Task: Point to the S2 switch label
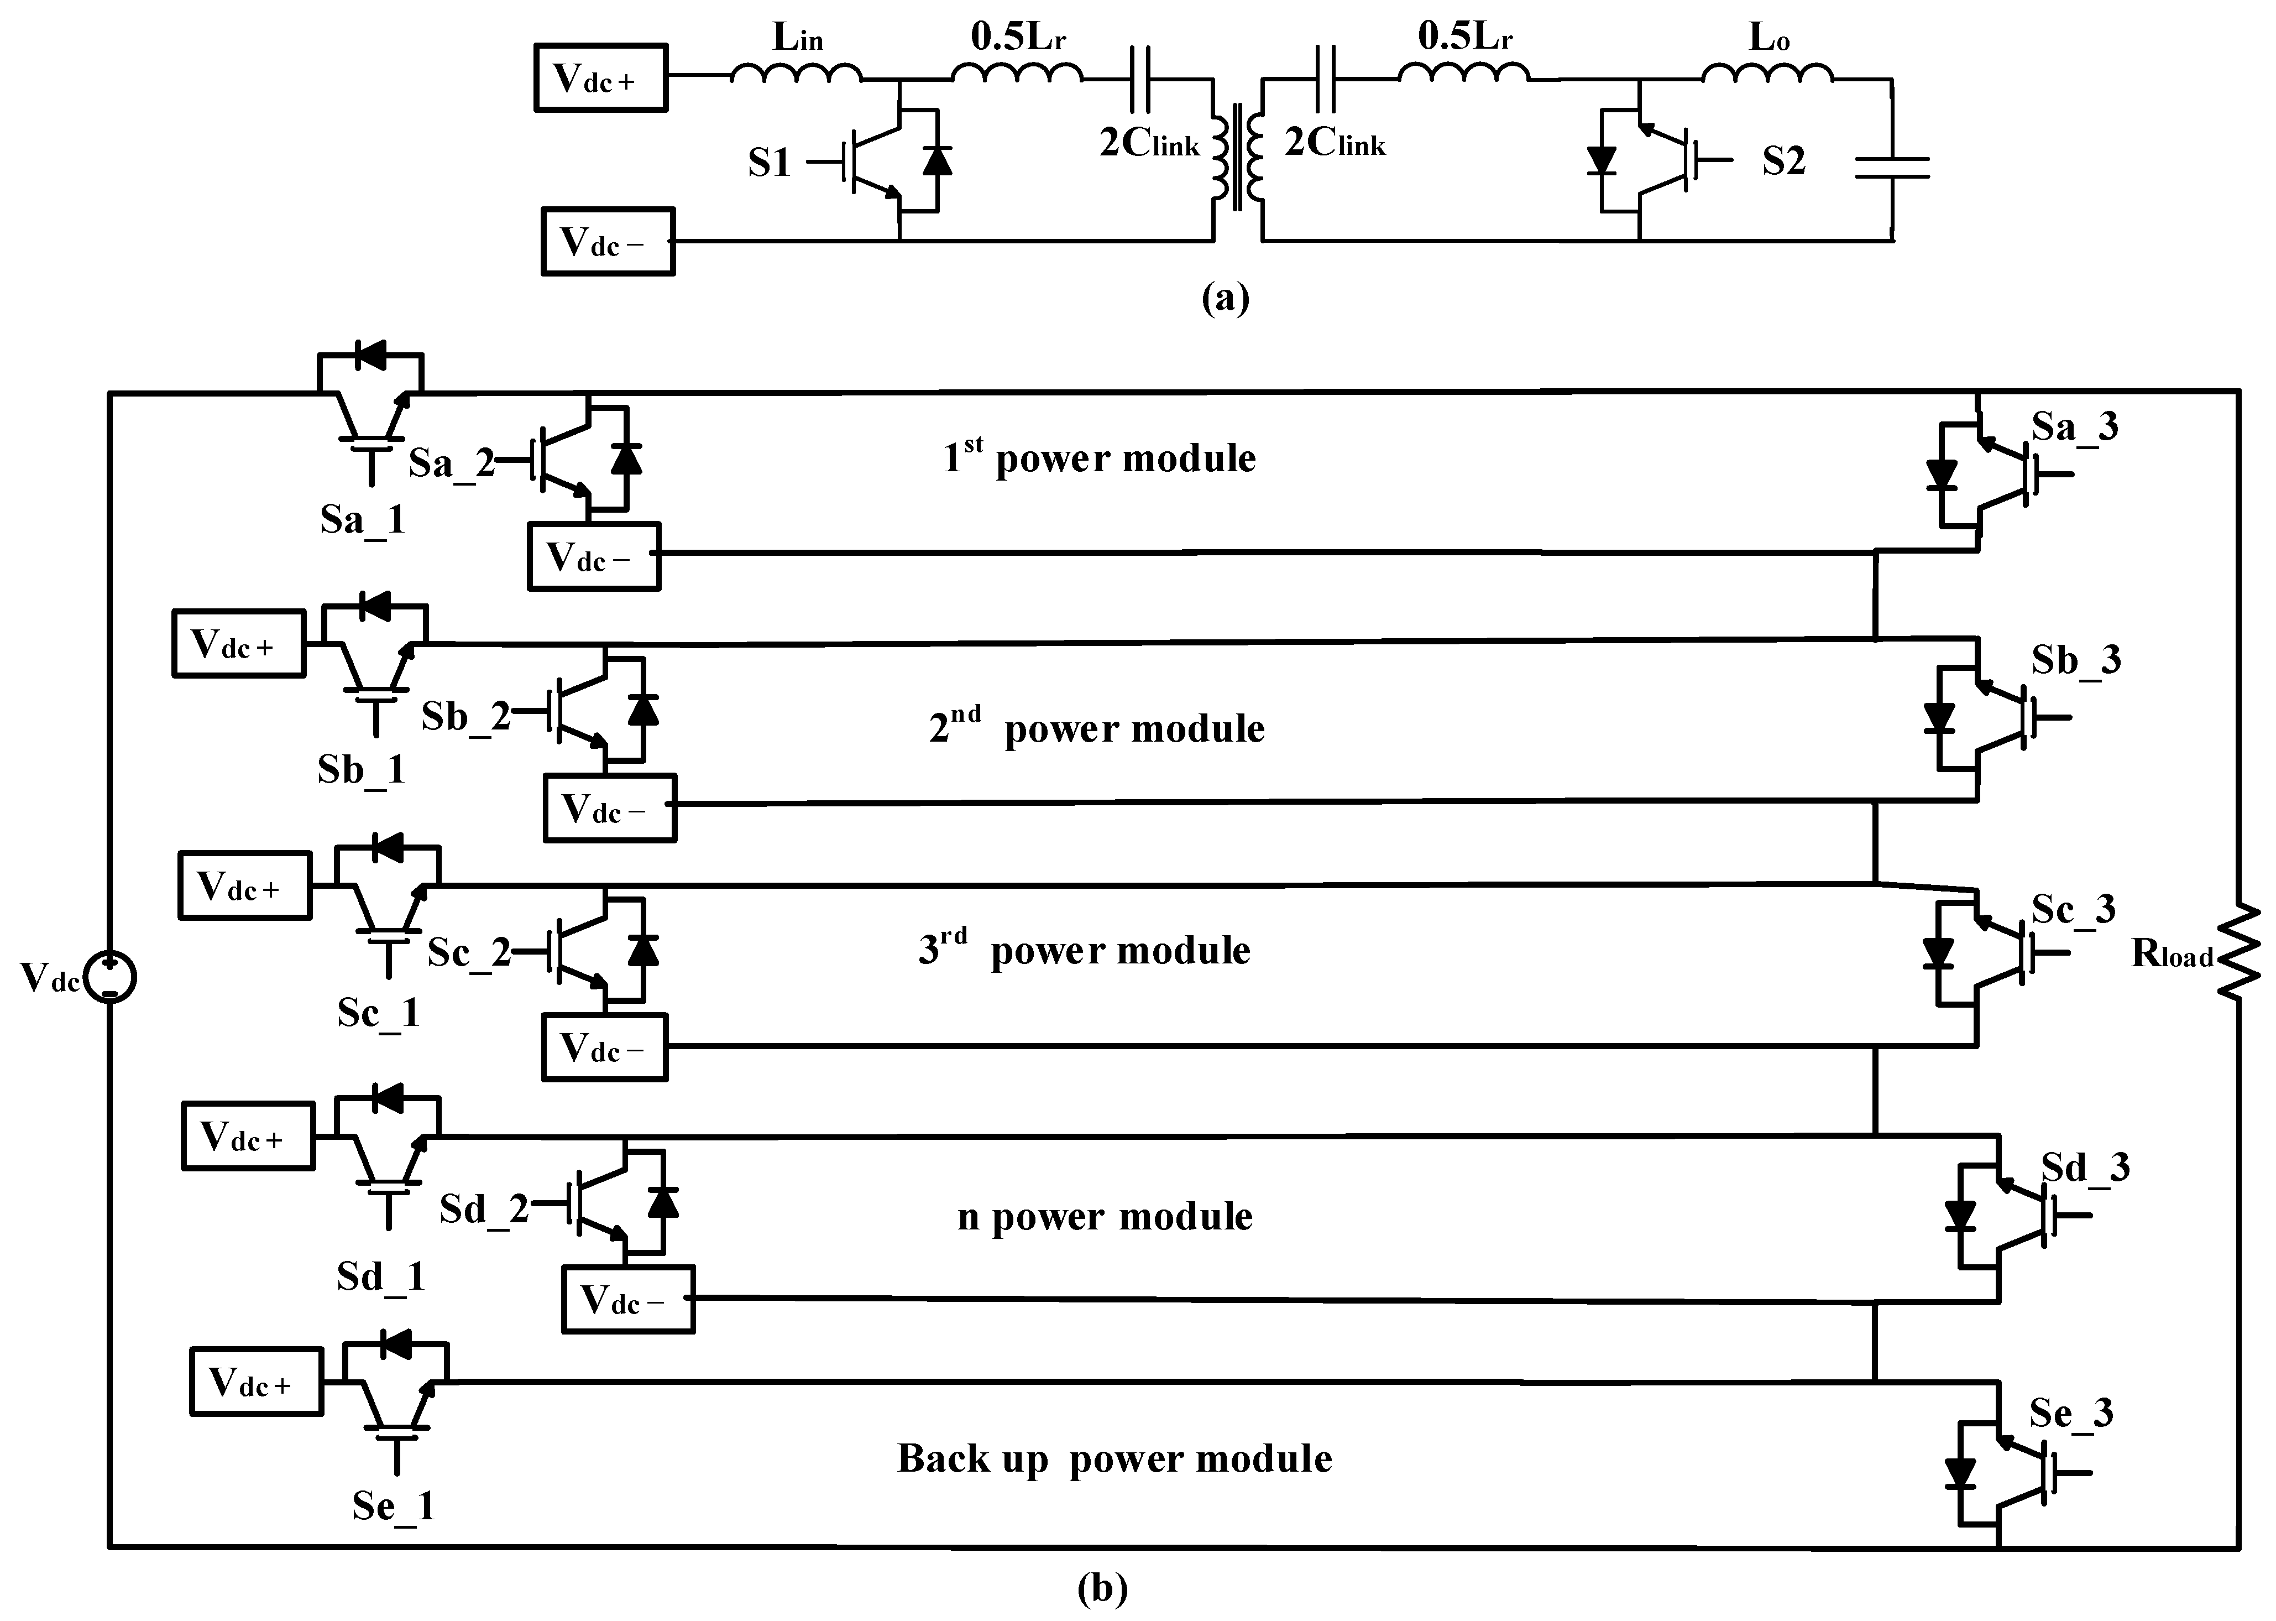[1783, 161]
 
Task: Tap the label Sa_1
[362, 519]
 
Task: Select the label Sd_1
[380, 1276]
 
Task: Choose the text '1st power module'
[1098, 457]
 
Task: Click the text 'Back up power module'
[1113, 1458]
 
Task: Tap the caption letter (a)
[1225, 298]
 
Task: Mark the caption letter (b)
[1102, 1587]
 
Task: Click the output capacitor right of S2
[1892, 168]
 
